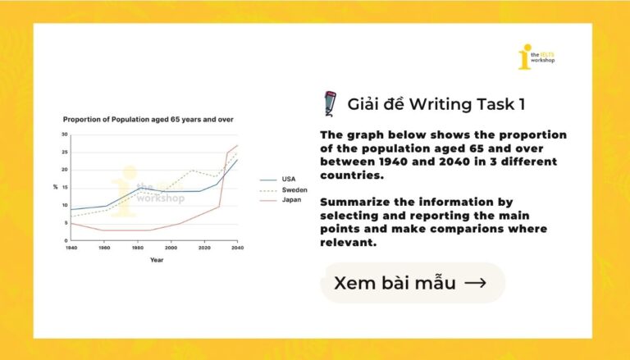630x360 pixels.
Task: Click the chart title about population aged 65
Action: click(148, 120)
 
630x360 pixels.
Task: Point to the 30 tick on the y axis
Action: click(65, 134)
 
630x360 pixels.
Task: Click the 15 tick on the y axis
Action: click(65, 188)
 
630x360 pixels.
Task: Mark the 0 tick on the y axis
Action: click(66, 240)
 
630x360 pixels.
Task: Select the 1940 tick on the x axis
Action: click(71, 248)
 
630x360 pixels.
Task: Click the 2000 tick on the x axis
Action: click(171, 248)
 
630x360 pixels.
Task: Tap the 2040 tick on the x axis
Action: click(237, 248)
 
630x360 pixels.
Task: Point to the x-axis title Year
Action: click(157, 260)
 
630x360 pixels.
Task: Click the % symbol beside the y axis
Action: click(56, 187)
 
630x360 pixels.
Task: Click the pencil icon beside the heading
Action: click(331, 103)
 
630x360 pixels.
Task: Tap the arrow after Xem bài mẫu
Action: click(475, 283)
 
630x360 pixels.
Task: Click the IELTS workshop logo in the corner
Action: click(536, 57)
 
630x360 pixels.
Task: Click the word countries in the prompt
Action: click(352, 175)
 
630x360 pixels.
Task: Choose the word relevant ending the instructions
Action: click(349, 242)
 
